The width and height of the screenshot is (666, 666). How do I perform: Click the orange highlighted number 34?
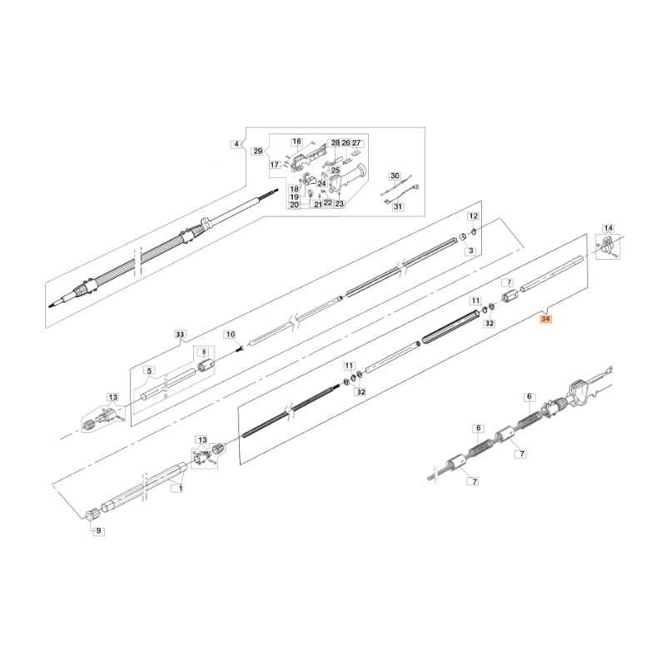(545, 319)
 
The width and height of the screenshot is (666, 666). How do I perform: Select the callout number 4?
(236, 144)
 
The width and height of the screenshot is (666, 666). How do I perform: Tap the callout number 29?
(257, 152)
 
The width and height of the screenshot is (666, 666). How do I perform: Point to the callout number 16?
(296, 142)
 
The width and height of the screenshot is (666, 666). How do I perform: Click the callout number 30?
(395, 176)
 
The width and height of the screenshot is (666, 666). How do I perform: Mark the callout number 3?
(470, 250)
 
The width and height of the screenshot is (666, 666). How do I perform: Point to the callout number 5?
(149, 370)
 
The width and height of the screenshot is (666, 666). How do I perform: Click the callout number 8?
(204, 352)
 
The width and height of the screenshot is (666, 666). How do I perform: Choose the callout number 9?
(99, 530)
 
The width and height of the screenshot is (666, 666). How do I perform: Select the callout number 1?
(176, 490)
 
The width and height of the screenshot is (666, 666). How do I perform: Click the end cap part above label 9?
(93, 513)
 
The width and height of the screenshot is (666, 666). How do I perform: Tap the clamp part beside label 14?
(606, 246)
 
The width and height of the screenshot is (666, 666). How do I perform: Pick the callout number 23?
(339, 203)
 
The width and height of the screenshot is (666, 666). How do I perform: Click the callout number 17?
(274, 166)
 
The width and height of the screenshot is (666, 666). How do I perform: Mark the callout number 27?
(356, 143)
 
